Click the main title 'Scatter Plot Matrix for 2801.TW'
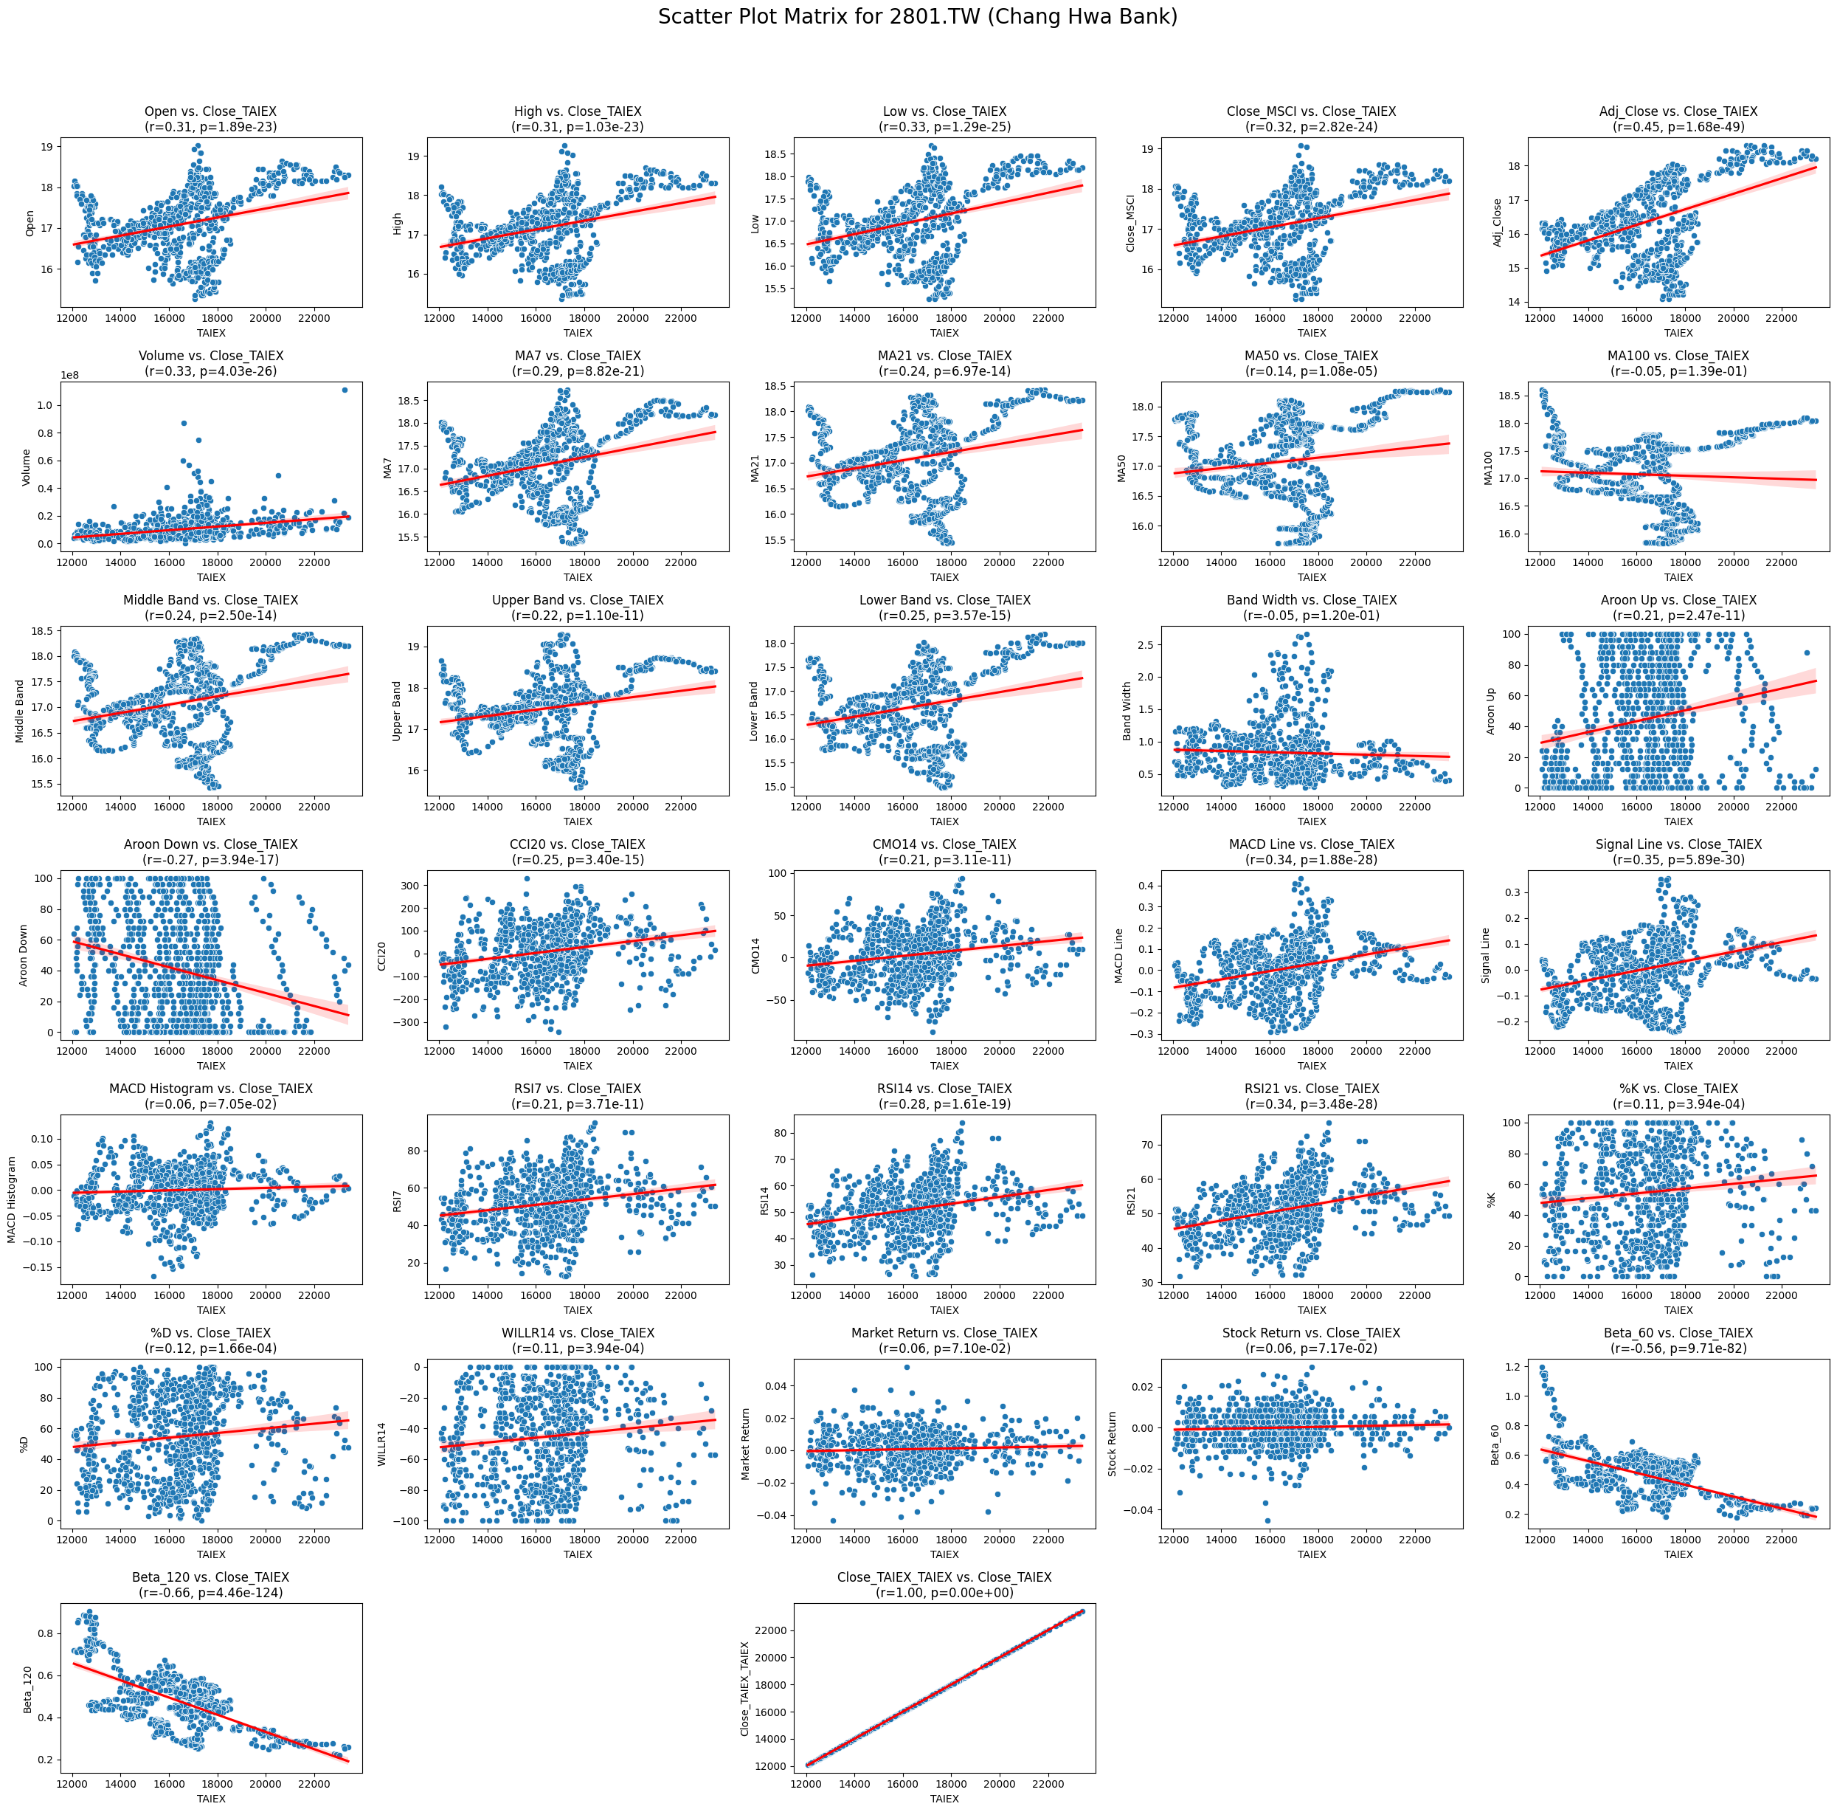tap(918, 17)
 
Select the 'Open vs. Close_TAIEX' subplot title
tap(210, 112)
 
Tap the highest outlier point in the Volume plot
tap(345, 390)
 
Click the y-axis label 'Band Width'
tap(1127, 711)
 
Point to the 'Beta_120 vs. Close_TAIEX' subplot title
tap(210, 1577)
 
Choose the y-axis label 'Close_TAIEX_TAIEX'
tap(745, 1688)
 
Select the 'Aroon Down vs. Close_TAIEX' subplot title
tap(210, 844)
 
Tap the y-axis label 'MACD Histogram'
tap(13, 1199)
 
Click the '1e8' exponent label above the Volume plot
tap(69, 375)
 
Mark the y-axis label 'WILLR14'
tap(382, 1444)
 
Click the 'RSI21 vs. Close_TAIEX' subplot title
tap(1311, 1089)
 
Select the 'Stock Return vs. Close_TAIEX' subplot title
tap(1311, 1334)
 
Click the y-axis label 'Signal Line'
tap(1486, 955)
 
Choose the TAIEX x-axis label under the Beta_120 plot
tap(210, 1799)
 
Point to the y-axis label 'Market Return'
tap(745, 1444)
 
